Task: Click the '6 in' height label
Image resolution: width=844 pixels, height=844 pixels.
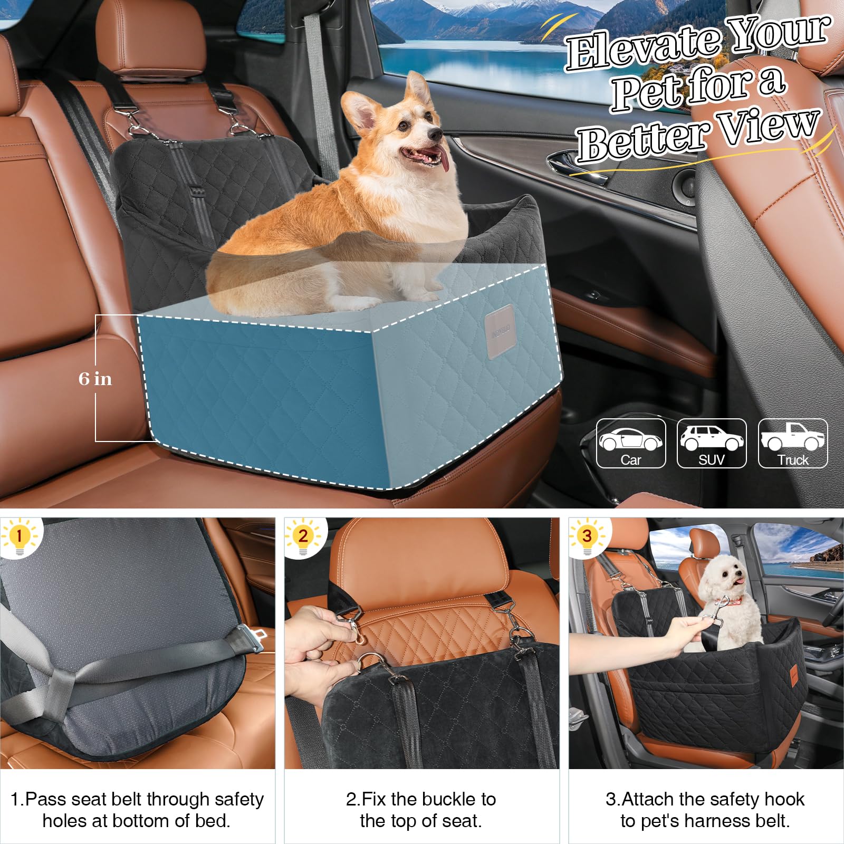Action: (x=95, y=379)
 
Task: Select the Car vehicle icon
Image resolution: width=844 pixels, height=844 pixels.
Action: (x=631, y=443)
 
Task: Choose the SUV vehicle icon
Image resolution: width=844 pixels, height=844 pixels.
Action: (x=712, y=443)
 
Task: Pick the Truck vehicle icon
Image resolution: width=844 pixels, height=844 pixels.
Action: (x=793, y=443)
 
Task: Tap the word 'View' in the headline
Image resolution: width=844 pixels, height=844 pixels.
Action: (x=770, y=127)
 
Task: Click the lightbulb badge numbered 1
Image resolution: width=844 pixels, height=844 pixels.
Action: (x=20, y=537)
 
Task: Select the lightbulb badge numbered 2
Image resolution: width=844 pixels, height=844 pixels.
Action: (x=303, y=537)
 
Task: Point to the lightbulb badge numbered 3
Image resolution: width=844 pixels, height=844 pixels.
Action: (x=587, y=537)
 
